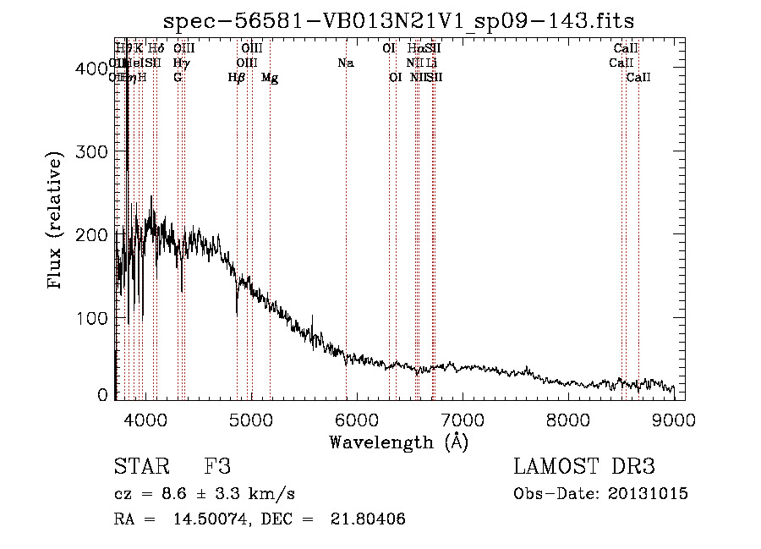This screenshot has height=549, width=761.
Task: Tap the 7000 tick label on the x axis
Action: pos(462,419)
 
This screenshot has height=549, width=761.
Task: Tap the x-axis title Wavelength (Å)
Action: pos(398,442)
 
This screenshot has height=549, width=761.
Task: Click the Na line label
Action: pos(345,63)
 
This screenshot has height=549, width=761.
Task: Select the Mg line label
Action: pos(270,78)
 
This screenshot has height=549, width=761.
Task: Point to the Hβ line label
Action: pos(237,78)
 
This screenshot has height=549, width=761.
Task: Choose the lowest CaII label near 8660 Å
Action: pos(638,78)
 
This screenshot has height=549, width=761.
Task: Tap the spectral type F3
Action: pos(217,467)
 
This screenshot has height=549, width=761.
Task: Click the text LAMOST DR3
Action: pos(584,467)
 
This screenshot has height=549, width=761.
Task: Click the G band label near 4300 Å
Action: pos(178,78)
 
